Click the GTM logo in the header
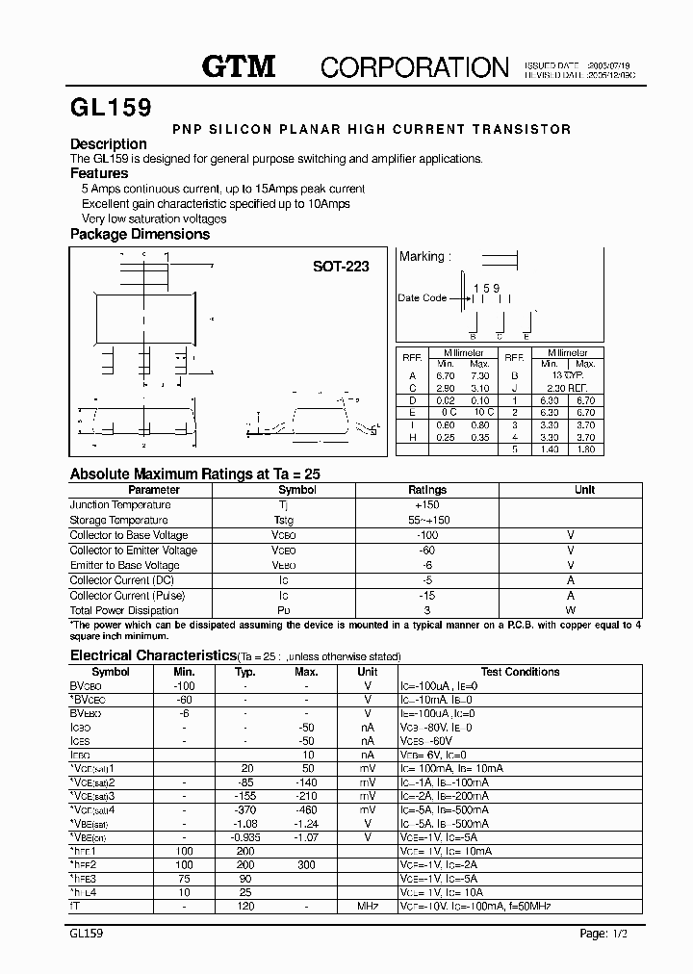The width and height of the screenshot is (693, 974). [x=238, y=66]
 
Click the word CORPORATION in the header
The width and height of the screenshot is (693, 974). [x=414, y=67]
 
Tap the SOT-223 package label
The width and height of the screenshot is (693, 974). [x=341, y=268]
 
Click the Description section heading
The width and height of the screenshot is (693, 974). [x=109, y=144]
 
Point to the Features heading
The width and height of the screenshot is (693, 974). [x=99, y=173]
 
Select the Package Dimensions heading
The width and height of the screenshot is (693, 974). [x=140, y=234]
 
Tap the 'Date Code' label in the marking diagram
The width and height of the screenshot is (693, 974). [x=422, y=298]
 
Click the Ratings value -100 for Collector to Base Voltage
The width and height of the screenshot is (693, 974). [x=427, y=535]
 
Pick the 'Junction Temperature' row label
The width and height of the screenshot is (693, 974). [x=120, y=504]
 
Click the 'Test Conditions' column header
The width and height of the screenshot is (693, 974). [x=520, y=672]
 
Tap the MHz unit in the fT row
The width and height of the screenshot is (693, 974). [x=368, y=907]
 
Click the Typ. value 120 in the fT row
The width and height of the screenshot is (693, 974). [x=245, y=907]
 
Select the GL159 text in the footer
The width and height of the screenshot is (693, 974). [x=87, y=934]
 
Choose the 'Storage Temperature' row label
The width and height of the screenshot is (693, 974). [x=119, y=520]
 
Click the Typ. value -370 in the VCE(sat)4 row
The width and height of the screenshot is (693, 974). [x=245, y=810]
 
